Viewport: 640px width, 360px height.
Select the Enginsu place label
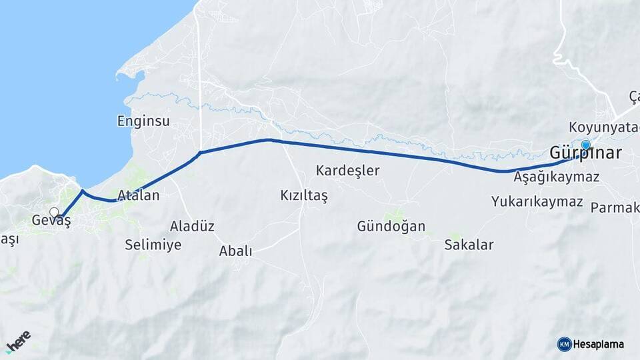143,121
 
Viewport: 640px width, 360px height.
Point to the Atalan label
138,196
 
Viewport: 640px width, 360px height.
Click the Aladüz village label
192,226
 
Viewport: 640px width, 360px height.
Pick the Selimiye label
153,245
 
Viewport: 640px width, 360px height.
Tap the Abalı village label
236,251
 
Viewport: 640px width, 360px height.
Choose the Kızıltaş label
304,196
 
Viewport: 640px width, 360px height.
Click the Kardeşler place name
347,171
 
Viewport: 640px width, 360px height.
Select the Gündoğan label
391,226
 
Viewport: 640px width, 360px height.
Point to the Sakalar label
469,245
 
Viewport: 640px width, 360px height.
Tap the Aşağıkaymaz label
557,177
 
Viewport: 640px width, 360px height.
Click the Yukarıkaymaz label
537,201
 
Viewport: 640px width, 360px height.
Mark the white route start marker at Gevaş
54,213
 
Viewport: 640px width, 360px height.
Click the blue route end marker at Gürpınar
586,145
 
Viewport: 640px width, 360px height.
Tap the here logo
18,341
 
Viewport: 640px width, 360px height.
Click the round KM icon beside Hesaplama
564,344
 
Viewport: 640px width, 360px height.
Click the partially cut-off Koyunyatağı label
604,127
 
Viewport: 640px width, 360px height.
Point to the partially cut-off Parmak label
615,207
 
